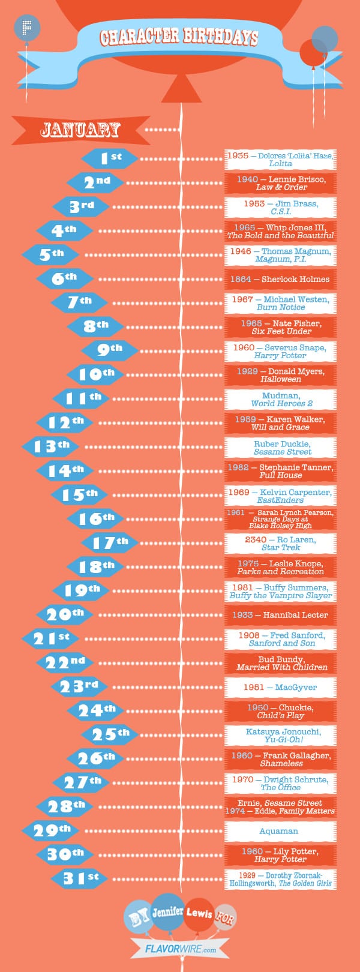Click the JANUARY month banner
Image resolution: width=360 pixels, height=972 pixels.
[x=80, y=129]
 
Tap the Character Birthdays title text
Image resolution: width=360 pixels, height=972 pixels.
[x=179, y=37]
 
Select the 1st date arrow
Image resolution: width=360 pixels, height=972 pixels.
[x=110, y=158]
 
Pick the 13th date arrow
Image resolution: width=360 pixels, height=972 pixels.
[x=51, y=446]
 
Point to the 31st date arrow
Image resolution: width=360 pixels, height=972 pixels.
[x=80, y=878]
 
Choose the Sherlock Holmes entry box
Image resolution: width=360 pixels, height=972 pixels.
[x=280, y=279]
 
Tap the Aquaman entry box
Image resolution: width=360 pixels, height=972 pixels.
[x=280, y=831]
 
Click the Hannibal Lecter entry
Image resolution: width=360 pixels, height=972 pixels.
[x=280, y=615]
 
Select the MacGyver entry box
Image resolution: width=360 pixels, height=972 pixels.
[x=280, y=687]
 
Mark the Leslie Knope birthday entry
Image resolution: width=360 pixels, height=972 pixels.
[x=280, y=568]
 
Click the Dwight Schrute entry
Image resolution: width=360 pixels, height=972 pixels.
[x=280, y=783]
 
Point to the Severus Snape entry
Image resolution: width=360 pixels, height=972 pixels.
[x=280, y=351]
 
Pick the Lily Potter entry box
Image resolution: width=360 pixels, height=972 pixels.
[x=280, y=855]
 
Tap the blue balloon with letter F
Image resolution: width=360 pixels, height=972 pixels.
[x=26, y=28]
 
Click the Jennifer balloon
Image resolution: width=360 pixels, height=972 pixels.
[x=167, y=911]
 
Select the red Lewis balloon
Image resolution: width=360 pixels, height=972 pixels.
[x=199, y=914]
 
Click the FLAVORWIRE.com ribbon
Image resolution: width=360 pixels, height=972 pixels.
[x=181, y=950]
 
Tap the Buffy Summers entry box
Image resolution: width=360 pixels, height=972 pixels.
[x=280, y=591]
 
